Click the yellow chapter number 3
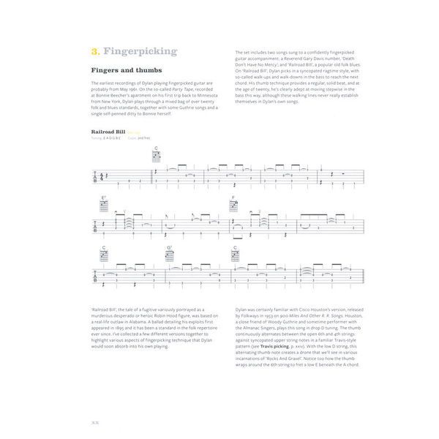95,52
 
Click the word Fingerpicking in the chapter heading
140,52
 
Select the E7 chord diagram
104,204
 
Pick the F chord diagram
233,204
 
